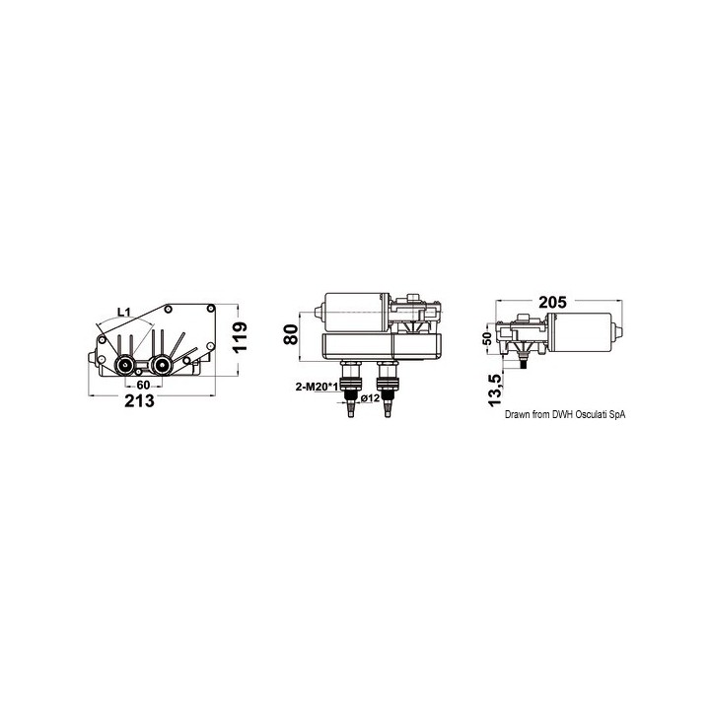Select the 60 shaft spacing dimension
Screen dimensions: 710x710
pyautogui.click(x=143, y=384)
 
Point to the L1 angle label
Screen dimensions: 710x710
pyautogui.click(x=124, y=313)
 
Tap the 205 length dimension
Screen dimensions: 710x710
pyautogui.click(x=555, y=304)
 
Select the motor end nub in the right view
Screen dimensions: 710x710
pyautogui.click(x=619, y=334)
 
